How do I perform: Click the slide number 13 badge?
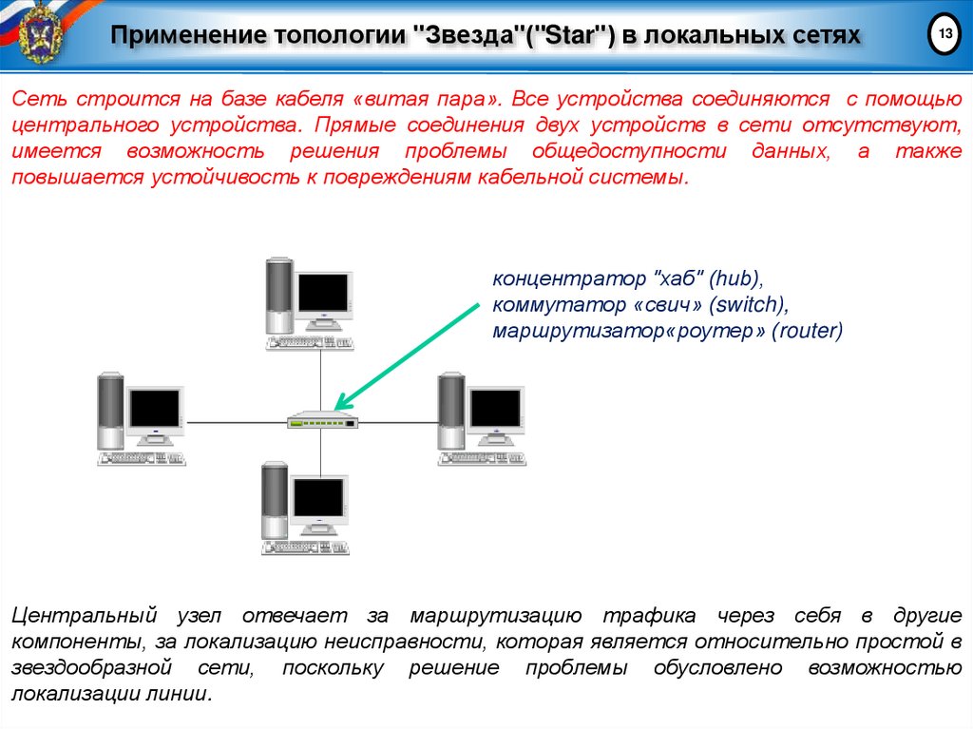click(944, 35)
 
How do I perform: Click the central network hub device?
click(323, 421)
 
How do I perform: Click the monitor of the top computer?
click(323, 294)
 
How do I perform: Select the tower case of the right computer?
click(450, 411)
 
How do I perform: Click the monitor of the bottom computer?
click(318, 498)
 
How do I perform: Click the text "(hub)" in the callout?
click(736, 279)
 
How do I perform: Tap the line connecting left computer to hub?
click(237, 420)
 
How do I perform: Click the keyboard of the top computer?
click(311, 342)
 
